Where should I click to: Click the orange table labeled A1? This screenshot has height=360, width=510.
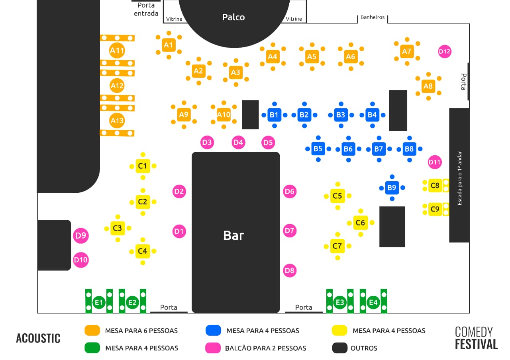169,45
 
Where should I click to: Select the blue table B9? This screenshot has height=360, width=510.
392,188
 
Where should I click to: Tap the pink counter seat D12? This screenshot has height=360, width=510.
445,51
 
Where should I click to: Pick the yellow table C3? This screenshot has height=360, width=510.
118,228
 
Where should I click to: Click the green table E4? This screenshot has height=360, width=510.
373,303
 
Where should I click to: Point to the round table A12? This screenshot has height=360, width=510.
117,86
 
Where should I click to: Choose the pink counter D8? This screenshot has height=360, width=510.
290,271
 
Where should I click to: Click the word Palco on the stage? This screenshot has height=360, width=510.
233,17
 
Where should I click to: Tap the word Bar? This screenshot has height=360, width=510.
233,235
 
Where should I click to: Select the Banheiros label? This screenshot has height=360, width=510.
373,17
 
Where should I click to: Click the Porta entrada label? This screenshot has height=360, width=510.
146,10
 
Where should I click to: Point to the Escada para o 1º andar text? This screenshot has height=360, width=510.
459,178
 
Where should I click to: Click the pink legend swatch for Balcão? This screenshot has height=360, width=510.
213,348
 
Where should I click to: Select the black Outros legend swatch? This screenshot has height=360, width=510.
340,348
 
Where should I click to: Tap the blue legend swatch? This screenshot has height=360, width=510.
213,330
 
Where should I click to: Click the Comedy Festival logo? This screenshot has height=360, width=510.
476,338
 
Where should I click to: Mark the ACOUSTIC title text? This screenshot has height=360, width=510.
38,338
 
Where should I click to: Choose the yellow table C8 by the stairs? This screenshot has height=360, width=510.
435,185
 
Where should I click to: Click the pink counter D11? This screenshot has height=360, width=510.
435,162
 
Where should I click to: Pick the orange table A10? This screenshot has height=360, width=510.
224,115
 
